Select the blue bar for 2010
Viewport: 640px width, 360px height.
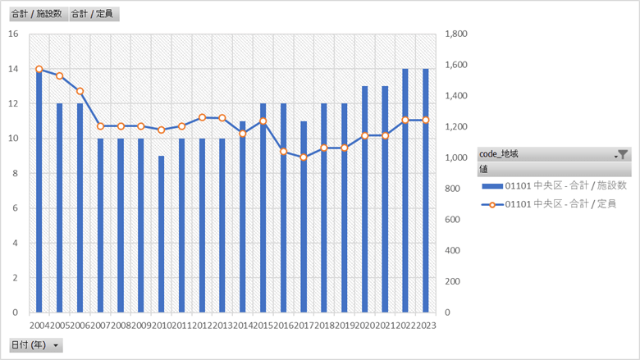(x=162, y=235)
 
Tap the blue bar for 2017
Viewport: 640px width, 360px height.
(x=304, y=217)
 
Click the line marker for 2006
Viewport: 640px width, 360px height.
(x=80, y=91)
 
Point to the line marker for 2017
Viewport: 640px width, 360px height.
(x=304, y=157)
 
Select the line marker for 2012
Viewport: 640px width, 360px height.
(x=202, y=117)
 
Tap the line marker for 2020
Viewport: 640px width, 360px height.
(x=364, y=135)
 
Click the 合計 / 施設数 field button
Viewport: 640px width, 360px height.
(x=36, y=14)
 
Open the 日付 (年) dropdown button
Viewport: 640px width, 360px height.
(x=56, y=345)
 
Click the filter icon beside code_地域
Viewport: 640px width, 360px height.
(x=623, y=154)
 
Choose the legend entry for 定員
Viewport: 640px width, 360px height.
(x=548, y=203)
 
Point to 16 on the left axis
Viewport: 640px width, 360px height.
(x=12, y=34)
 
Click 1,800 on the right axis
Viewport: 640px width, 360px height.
(x=456, y=34)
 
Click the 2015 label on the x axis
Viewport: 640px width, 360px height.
(x=263, y=326)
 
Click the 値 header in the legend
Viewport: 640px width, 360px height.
(x=486, y=169)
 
